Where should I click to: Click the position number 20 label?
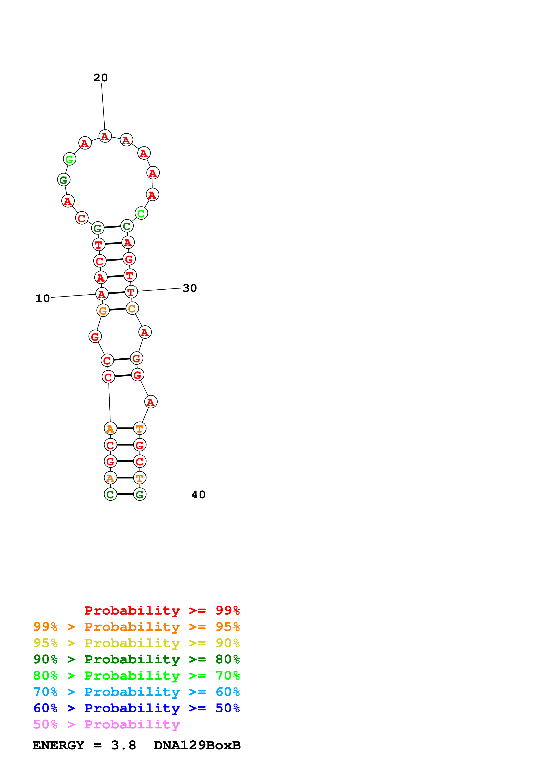(100, 78)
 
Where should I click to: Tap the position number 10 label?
(43, 299)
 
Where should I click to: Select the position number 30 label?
(190, 288)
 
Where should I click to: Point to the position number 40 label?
(199, 495)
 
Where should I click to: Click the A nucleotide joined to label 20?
(105, 136)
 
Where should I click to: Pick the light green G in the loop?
(70, 159)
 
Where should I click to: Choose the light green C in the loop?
(141, 213)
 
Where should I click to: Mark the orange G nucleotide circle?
(103, 311)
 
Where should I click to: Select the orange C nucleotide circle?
(132, 308)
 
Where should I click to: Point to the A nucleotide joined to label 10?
(102, 294)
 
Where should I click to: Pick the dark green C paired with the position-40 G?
(110, 495)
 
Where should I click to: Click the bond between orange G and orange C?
(118, 310)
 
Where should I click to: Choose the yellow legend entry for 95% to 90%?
(136, 643)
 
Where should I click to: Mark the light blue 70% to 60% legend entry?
(136, 692)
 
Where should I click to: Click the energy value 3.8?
(124, 745)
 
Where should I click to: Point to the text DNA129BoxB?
(197, 745)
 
